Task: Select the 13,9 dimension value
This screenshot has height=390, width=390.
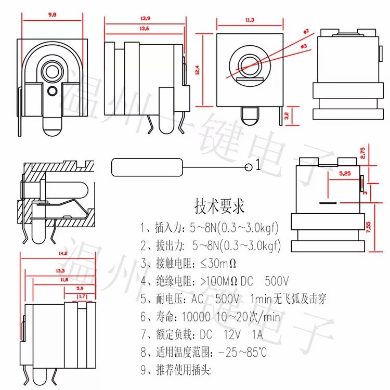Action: point(145,19)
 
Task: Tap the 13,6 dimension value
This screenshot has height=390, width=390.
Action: point(145,29)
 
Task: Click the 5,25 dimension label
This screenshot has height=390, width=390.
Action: point(344,173)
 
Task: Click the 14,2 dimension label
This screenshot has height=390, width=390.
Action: point(63,253)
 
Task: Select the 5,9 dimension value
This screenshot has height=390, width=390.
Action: point(81,288)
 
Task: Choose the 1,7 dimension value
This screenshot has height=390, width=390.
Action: point(82,296)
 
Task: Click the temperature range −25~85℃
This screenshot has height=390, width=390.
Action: point(242,353)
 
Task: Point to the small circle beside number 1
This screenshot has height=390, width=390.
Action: point(249,166)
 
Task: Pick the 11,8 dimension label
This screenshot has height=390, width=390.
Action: point(64,280)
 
